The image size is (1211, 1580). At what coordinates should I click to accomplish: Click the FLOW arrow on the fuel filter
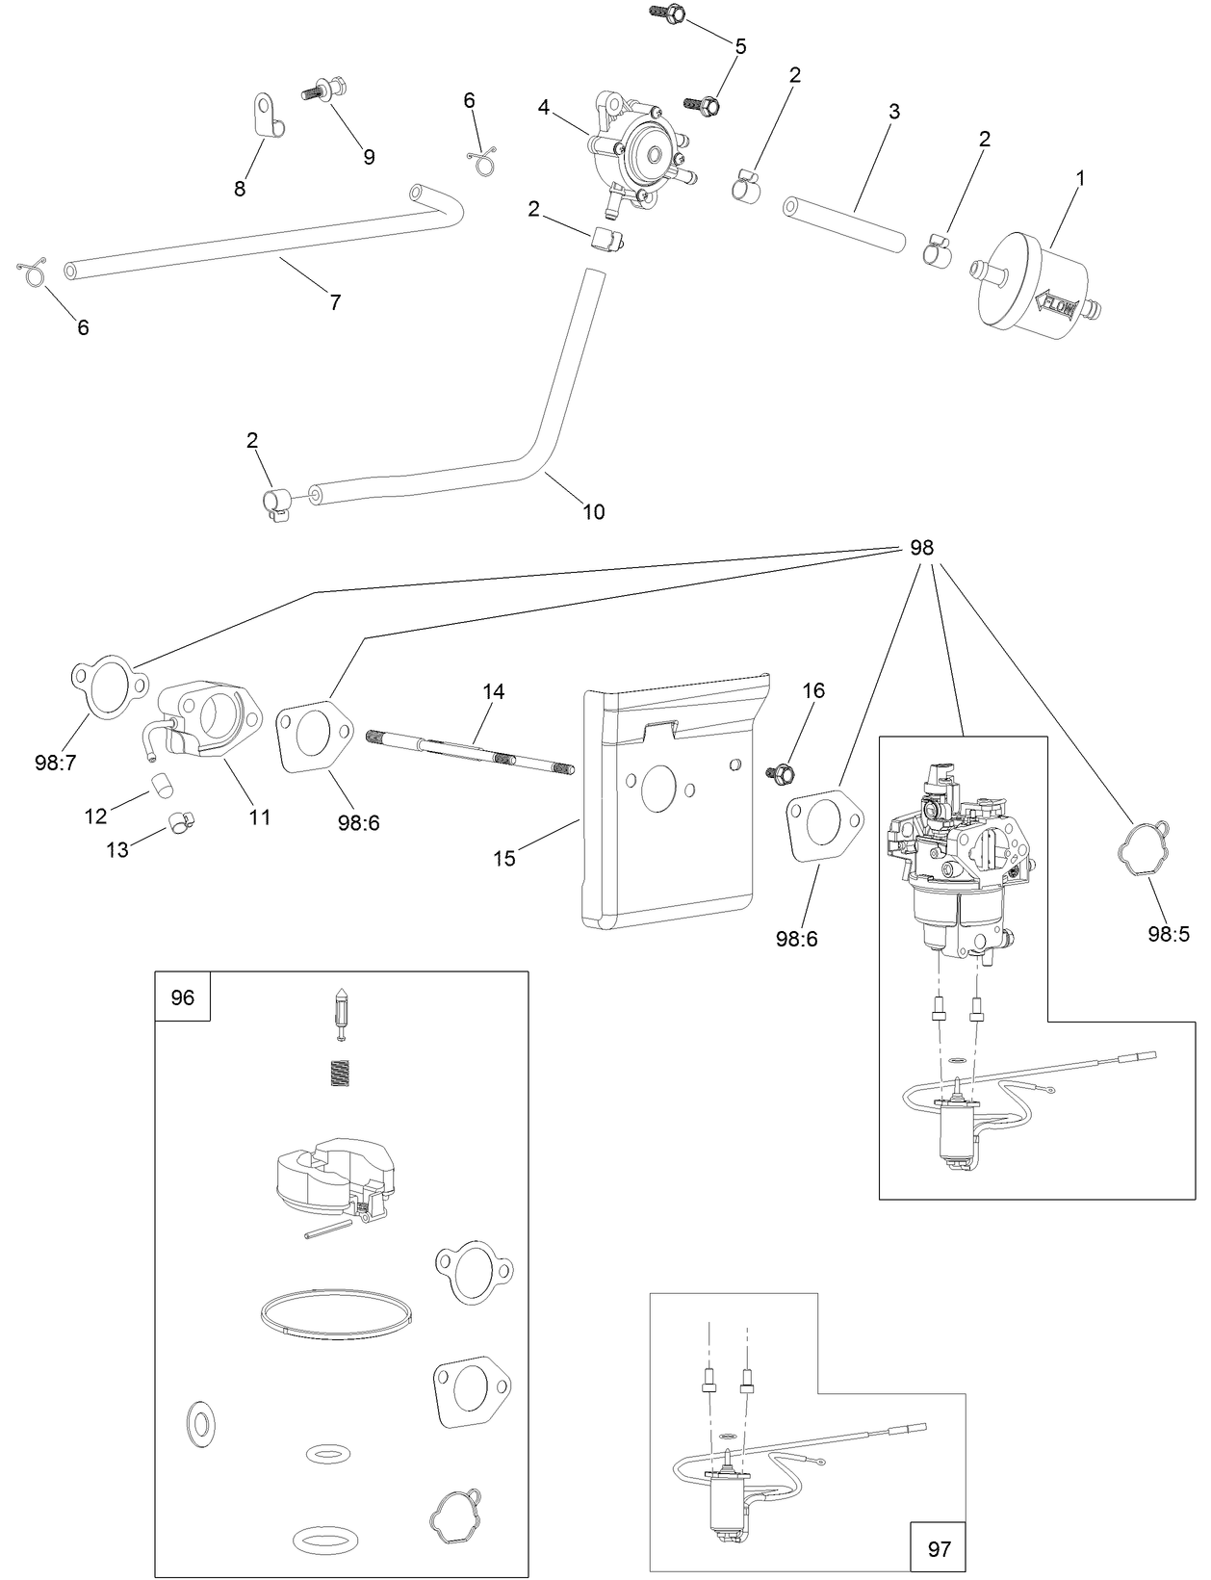1057,306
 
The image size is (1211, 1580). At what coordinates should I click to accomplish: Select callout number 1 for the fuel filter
1080,178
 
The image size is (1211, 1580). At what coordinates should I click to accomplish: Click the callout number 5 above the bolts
740,46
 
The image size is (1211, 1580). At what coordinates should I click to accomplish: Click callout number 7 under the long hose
335,302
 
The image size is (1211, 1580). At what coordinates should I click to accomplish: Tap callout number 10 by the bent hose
594,511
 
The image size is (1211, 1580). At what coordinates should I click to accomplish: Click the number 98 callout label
921,548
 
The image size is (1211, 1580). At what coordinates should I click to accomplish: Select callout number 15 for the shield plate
504,858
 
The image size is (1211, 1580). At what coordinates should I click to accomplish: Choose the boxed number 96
182,997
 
